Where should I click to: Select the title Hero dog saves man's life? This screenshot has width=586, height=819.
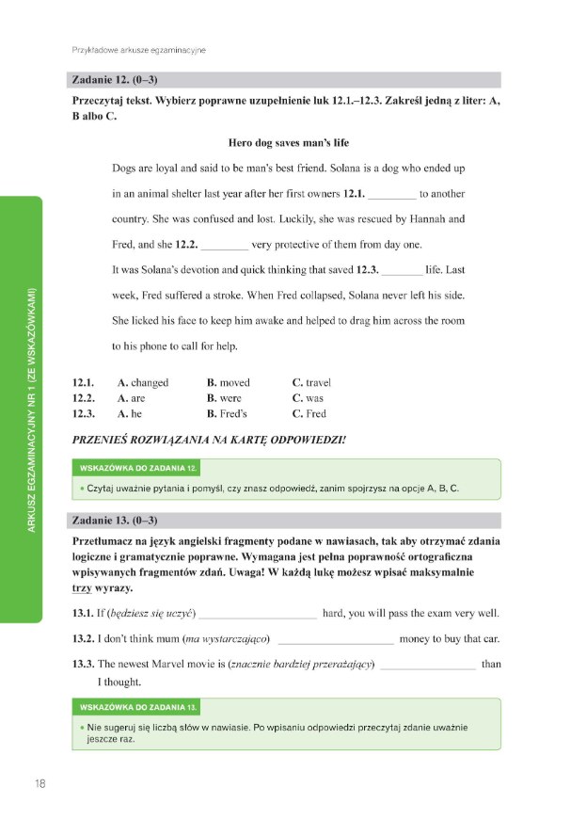[x=288, y=143]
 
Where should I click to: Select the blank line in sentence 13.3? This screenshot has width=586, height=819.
[x=428, y=666]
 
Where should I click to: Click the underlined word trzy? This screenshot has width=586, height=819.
[x=81, y=588]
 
